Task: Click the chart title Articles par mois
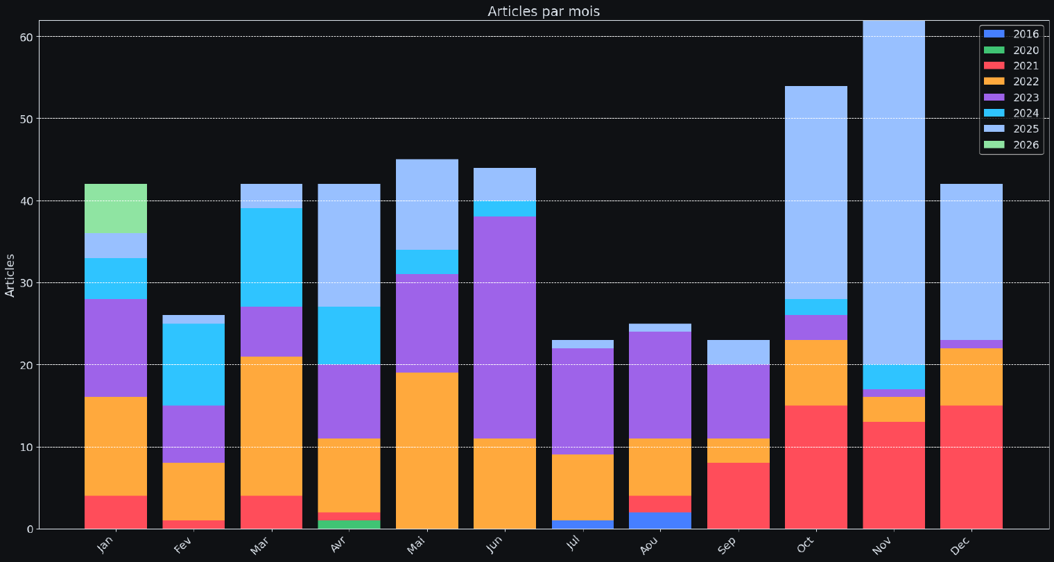[x=543, y=11]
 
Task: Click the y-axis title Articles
[x=10, y=275]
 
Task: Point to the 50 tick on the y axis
[x=26, y=119]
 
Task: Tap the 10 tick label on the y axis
[x=26, y=447]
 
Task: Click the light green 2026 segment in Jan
[x=116, y=208]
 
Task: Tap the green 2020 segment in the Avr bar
[x=349, y=525]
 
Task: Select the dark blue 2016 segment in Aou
[x=660, y=520]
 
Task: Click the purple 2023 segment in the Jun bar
[x=505, y=327]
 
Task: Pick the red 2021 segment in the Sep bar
[x=738, y=495]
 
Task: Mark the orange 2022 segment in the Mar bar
[x=271, y=426]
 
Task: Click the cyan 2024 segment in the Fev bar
[x=193, y=364]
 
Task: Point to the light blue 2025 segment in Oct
[x=815, y=192]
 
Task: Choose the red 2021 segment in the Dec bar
[x=971, y=467]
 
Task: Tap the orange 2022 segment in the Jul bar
[x=582, y=487]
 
